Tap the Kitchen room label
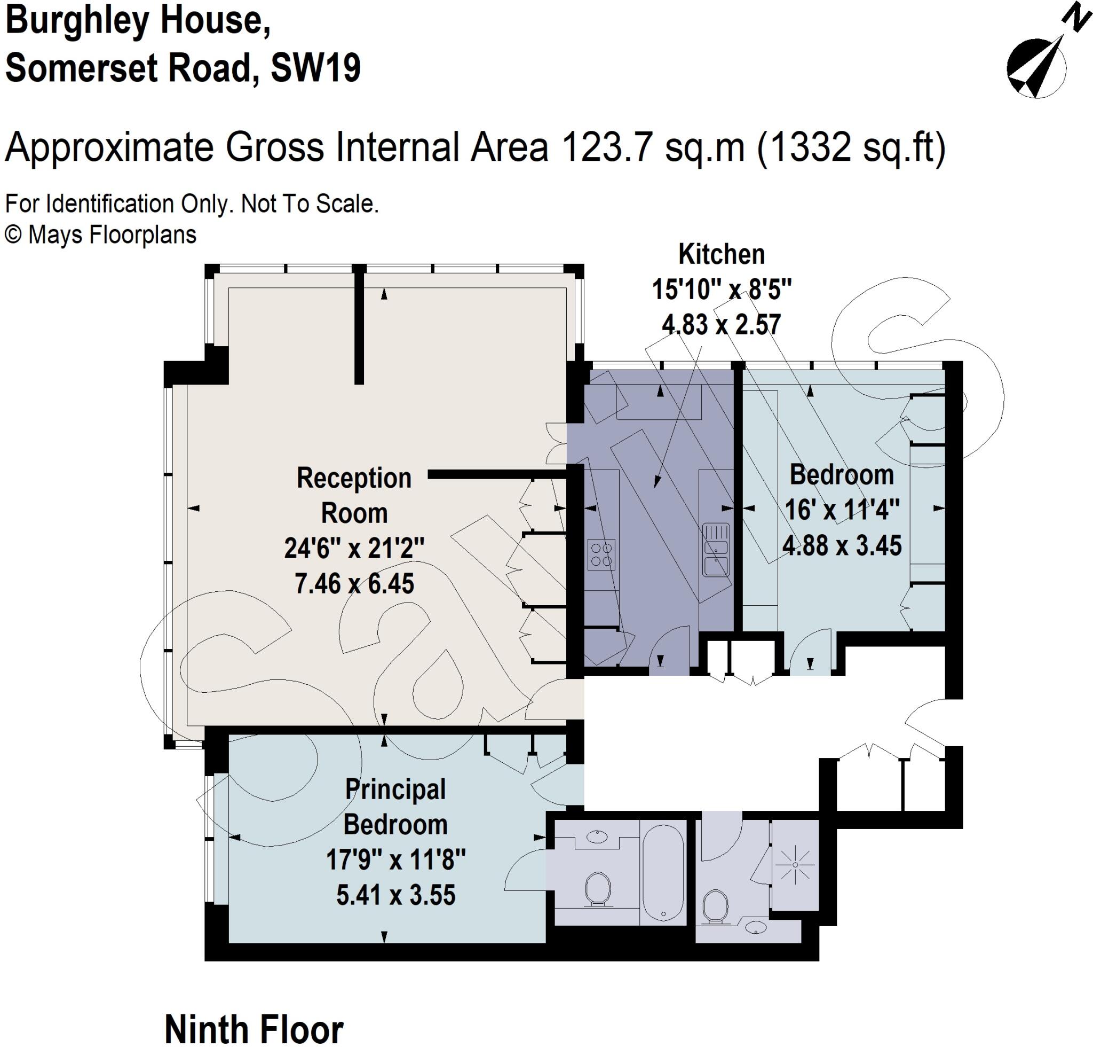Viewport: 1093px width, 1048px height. [x=721, y=254]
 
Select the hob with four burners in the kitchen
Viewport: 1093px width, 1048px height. [x=601, y=554]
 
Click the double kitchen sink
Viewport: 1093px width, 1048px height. [x=716, y=549]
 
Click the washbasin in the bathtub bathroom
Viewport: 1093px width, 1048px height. [x=597, y=836]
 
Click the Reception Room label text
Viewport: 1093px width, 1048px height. [x=354, y=495]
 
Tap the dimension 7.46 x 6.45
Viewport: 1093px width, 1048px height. [x=354, y=584]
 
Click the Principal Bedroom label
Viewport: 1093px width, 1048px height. [x=395, y=807]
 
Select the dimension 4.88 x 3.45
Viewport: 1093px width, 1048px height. [x=842, y=545]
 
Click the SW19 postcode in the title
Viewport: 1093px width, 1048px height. [x=315, y=68]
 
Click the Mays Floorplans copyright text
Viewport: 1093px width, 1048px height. [x=101, y=234]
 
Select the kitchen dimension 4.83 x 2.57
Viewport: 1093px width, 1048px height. [x=721, y=325]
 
